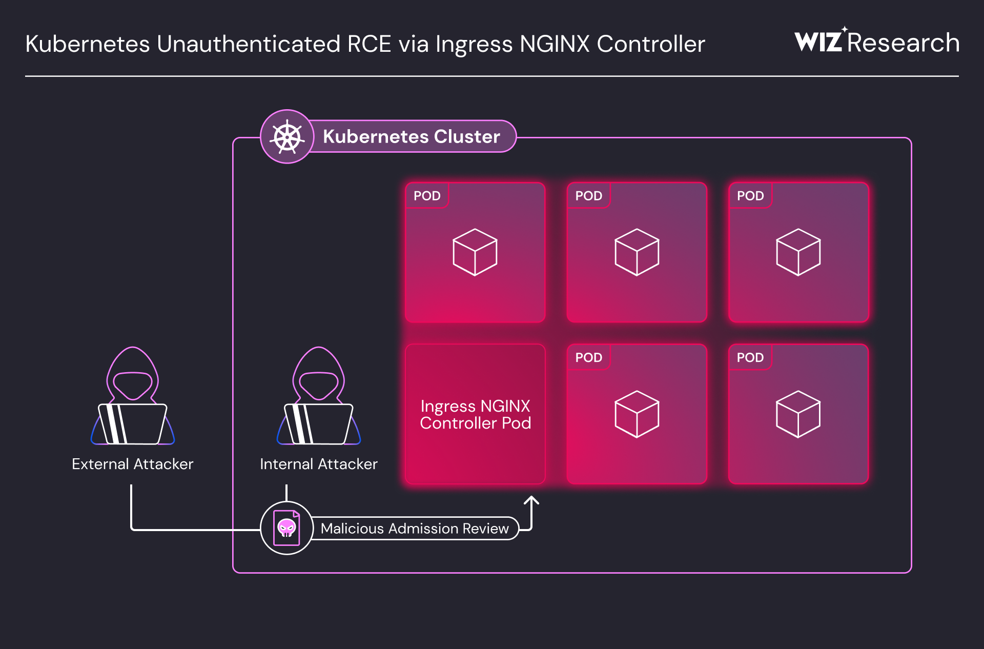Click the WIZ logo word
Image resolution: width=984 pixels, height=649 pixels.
click(818, 42)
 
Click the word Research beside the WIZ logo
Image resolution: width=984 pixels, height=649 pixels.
click(903, 43)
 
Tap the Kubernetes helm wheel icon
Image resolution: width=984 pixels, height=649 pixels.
click(287, 137)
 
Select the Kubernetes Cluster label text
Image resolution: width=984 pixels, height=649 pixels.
click(411, 137)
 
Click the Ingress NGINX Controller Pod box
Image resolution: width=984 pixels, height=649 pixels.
click(475, 414)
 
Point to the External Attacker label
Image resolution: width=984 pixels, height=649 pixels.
click(132, 464)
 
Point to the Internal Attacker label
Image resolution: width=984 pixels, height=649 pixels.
click(318, 464)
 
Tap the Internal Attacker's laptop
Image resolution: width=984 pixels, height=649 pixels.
click(319, 424)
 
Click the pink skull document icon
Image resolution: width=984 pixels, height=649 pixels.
click(286, 528)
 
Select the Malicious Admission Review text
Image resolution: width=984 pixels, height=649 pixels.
click(414, 529)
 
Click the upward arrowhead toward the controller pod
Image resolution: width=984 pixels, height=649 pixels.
click(531, 500)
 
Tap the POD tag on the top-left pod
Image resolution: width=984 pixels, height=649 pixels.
click(427, 196)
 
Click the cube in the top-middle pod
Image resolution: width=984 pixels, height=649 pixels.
click(637, 252)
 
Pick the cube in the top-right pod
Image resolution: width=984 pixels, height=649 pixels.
click(798, 252)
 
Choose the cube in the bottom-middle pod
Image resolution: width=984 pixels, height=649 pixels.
click(637, 414)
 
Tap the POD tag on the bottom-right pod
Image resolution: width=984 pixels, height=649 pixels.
click(750, 358)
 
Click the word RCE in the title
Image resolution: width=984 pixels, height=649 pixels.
click(369, 44)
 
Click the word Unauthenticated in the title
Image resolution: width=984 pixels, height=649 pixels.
click(249, 44)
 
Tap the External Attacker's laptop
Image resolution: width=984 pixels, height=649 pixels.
click(133, 424)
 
